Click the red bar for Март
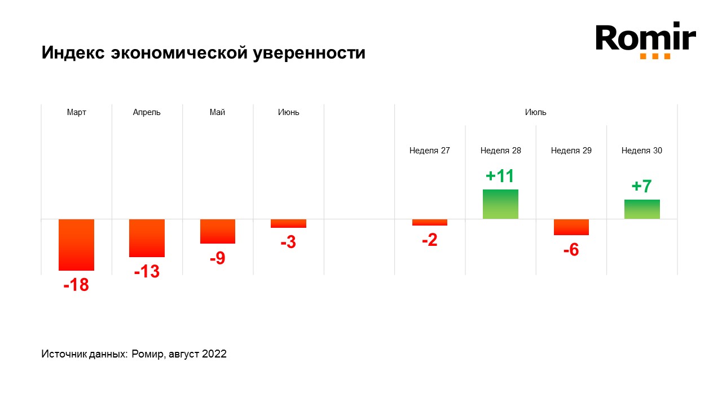point(76,245)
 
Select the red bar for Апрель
point(147,238)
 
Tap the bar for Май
point(218,231)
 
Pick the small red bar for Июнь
point(288,223)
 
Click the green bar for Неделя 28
point(500,204)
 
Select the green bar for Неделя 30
point(642,209)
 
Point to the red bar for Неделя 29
point(571,227)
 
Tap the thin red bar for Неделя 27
point(430,222)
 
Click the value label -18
point(76,285)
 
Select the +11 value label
point(500,176)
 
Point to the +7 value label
point(642,186)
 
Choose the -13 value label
point(147,272)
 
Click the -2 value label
point(430,240)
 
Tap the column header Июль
point(535,112)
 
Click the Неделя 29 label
point(571,151)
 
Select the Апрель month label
point(147,112)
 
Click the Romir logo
point(646,39)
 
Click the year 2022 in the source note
point(215,354)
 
